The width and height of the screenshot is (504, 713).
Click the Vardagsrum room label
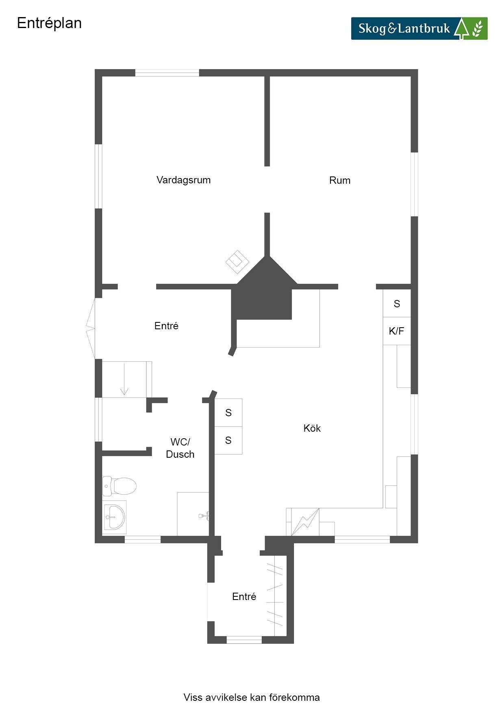tap(183, 180)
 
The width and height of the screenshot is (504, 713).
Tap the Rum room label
tap(340, 180)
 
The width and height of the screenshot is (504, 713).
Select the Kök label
tap(312, 428)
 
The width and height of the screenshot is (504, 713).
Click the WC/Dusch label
tap(180, 448)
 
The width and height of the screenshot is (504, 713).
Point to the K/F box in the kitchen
tap(397, 331)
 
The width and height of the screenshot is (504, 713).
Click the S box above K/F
tap(397, 303)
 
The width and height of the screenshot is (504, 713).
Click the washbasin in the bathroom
tap(115, 517)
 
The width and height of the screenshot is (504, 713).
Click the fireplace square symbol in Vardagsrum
tap(238, 262)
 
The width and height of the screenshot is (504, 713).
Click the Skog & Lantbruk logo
tap(419, 28)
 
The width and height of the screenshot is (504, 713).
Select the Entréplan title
tap(49, 23)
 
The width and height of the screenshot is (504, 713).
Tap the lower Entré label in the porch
tap(244, 596)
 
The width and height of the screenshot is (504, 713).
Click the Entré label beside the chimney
tap(166, 326)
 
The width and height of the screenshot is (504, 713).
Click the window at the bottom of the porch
tap(244, 640)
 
